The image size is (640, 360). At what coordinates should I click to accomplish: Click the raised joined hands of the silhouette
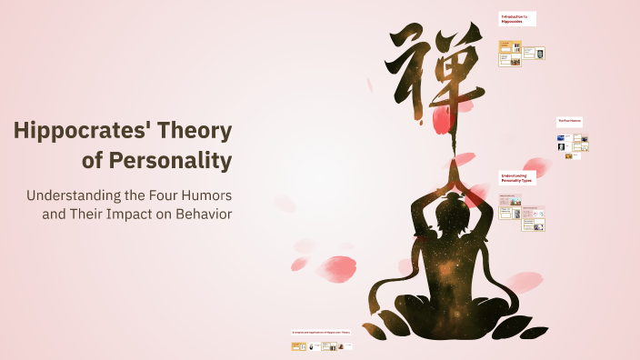(450, 173)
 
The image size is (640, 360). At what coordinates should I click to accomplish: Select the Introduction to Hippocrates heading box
(517, 18)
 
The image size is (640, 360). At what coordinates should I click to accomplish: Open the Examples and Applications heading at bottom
(322, 333)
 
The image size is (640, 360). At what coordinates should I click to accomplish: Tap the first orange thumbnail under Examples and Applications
(297, 346)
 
